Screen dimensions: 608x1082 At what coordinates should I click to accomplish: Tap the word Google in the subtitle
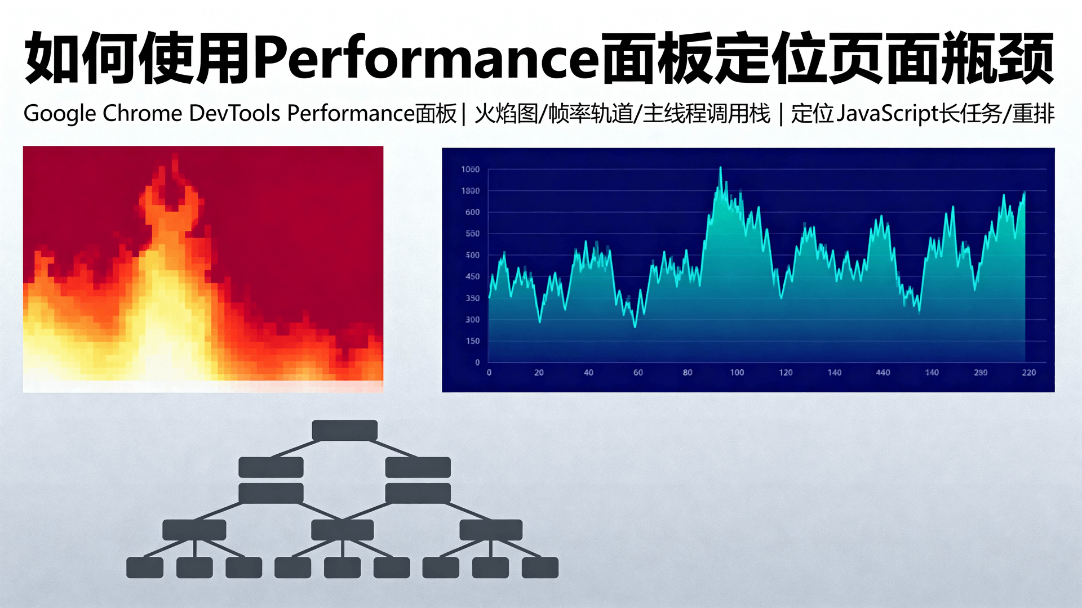[x=60, y=114]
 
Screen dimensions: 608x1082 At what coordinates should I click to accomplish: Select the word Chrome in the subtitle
[x=142, y=114]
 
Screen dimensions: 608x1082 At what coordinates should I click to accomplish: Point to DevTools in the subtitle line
[x=234, y=114]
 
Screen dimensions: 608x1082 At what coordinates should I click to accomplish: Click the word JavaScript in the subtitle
[x=887, y=114]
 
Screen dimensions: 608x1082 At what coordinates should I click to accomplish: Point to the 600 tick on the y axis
[x=472, y=212]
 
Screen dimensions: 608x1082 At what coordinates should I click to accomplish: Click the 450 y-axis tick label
[x=472, y=276]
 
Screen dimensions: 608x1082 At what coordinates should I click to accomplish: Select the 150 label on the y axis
[x=472, y=341]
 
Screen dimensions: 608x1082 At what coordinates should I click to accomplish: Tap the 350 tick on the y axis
[x=472, y=298]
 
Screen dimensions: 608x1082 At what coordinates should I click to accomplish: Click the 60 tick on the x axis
[x=638, y=373]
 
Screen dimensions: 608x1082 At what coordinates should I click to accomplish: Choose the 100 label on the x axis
[x=737, y=373]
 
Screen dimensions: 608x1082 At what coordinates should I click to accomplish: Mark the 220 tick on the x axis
[x=1028, y=373]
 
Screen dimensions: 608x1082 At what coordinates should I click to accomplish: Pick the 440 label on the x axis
[x=883, y=373]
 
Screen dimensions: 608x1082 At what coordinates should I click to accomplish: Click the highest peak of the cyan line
[x=720, y=168]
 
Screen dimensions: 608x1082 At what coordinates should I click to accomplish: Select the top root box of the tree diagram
[x=344, y=431]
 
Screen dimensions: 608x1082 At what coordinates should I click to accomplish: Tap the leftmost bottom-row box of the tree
[x=145, y=567]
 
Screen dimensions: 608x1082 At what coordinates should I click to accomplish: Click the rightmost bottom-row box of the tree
[x=540, y=567]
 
